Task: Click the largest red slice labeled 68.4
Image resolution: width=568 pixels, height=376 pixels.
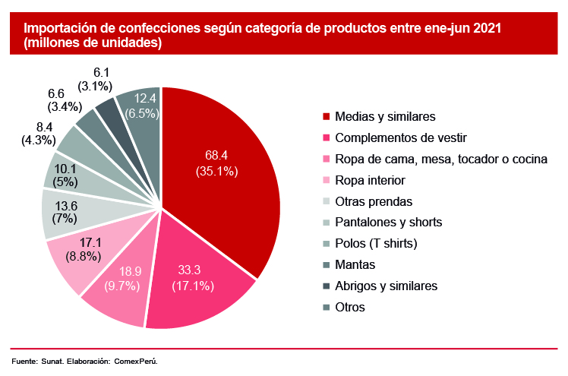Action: pos(220,163)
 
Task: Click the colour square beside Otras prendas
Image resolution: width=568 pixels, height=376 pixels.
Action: pos(327,202)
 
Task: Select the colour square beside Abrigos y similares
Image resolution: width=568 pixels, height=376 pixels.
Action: pos(327,286)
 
